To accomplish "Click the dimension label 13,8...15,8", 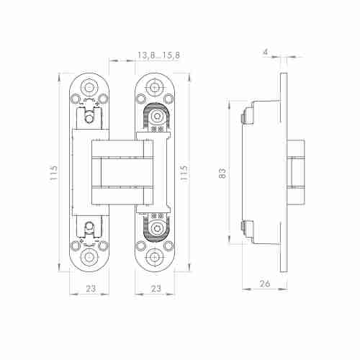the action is pos(158,55).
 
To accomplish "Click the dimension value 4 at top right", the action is pos(265,52).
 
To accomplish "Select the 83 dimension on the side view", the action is pos(222,173).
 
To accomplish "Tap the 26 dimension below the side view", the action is pos(265,284).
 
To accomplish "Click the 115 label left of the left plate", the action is pos(53,173).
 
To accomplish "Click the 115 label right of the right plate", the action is pos(184,173).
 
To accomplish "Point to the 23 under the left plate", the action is pos(91,289).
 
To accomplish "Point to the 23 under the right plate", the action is pos(156,289).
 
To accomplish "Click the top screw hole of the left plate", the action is pos(89,86).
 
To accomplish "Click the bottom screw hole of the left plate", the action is pos(89,257).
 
